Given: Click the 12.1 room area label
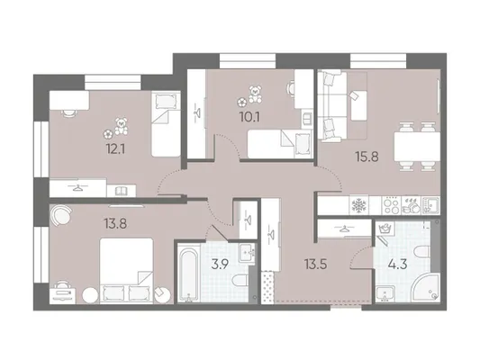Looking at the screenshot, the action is pos(115,150).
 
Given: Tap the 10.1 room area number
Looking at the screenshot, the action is pos(250,117).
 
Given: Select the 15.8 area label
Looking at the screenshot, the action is pos(367,157).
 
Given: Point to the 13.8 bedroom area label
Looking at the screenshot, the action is pos(115,224).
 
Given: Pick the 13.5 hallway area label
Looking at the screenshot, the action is pos(315,264).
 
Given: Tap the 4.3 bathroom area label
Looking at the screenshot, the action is pos(398,264).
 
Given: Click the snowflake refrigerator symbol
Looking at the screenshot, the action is pos(358,205).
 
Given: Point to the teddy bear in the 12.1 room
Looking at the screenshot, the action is pos(122,126).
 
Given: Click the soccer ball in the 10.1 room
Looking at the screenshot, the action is pos(242,103).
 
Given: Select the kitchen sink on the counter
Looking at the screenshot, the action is pos(430,205).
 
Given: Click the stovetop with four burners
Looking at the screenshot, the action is pos(391,205).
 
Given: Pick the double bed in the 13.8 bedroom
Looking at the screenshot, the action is pos(126,271).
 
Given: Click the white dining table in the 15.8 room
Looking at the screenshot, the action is pos(417,147).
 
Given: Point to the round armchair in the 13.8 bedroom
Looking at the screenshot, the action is pos(60,214).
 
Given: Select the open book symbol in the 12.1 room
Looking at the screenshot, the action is pos(122,192).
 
